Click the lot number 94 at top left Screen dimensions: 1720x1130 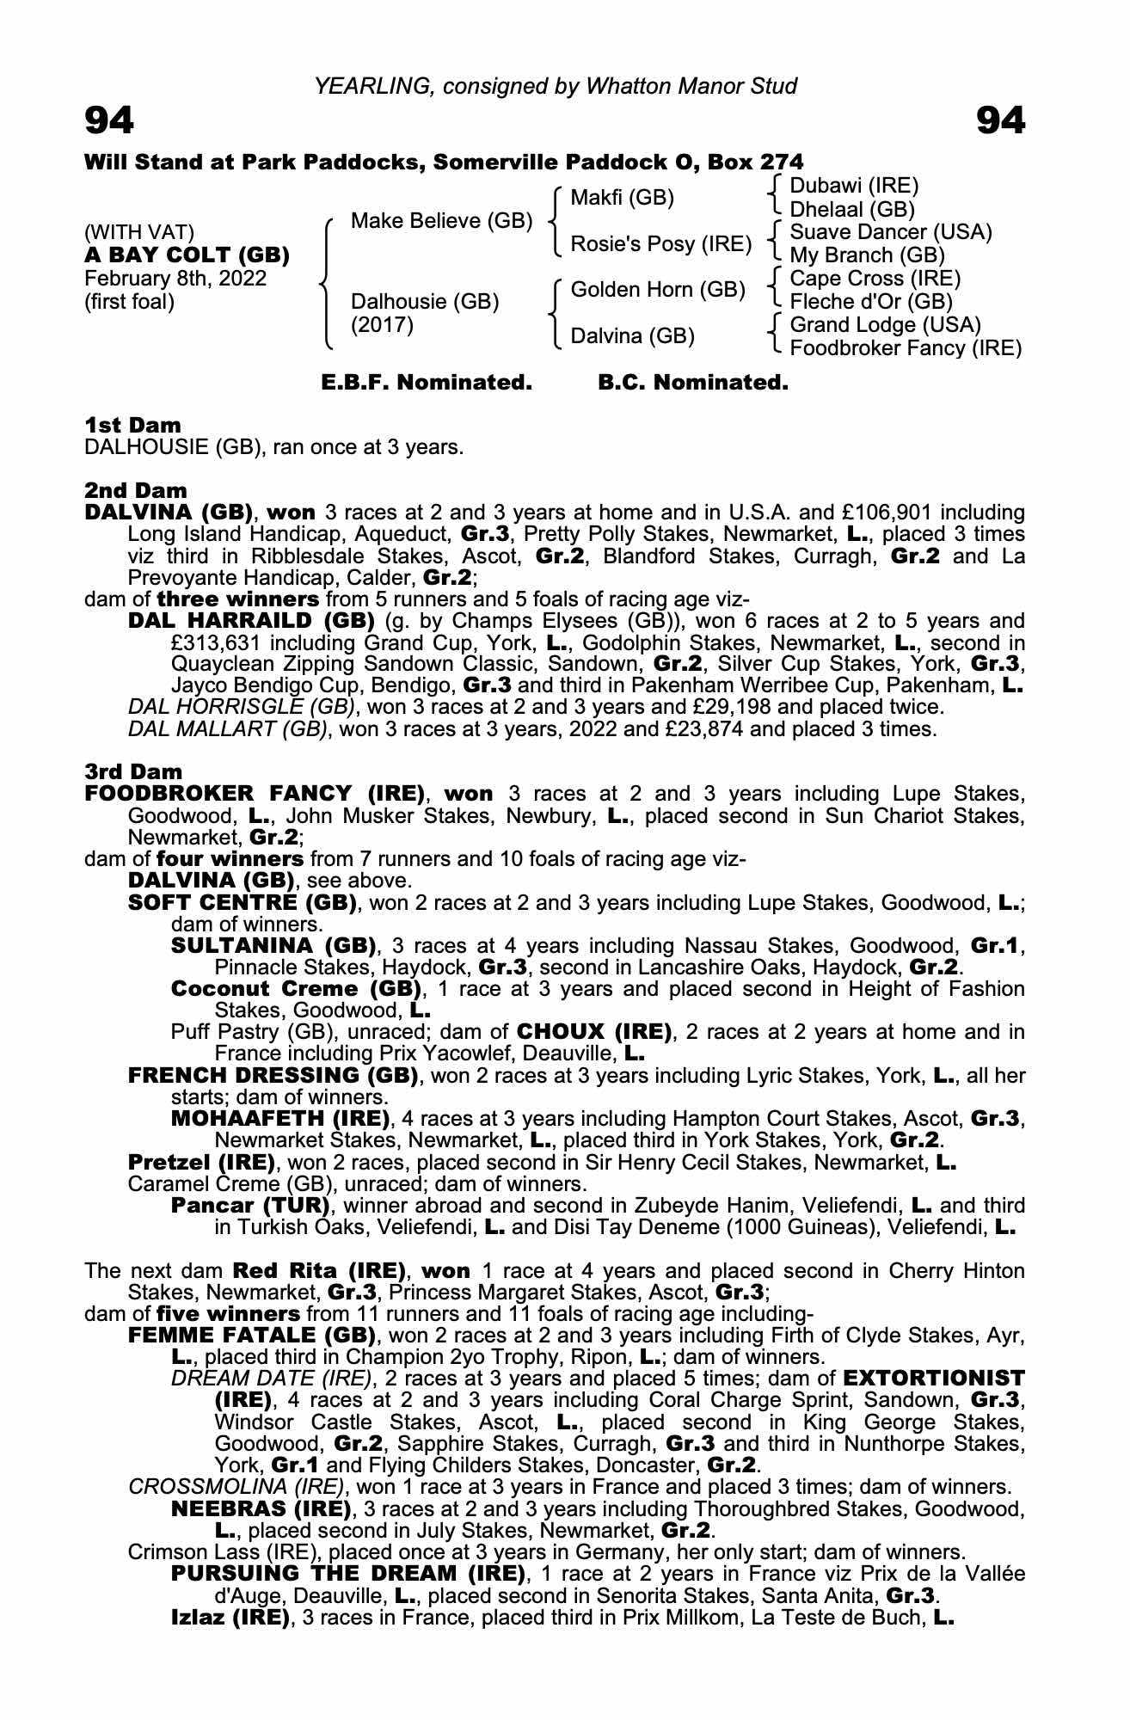click(109, 121)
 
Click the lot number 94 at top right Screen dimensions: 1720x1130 click(1000, 121)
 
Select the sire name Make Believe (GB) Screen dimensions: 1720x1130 click(442, 221)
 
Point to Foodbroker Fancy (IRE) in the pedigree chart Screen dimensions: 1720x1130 click(906, 348)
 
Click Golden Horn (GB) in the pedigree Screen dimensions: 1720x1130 click(658, 290)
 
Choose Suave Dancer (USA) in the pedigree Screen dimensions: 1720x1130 click(891, 232)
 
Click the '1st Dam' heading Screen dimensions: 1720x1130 click(133, 425)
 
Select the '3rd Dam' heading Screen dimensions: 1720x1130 click(134, 771)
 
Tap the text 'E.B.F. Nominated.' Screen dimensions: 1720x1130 click(427, 383)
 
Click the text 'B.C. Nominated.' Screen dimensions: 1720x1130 click(693, 383)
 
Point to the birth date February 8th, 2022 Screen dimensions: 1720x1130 click(175, 279)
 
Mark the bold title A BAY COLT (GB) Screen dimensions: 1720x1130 click(187, 255)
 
